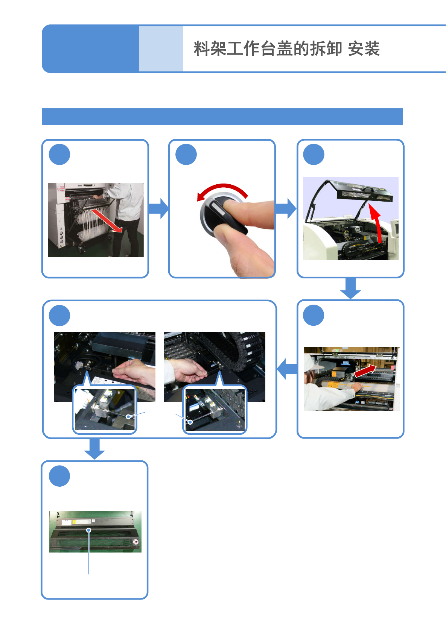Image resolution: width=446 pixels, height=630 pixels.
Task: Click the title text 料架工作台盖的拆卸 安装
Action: (286, 49)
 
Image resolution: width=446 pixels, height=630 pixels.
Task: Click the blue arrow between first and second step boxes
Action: (158, 208)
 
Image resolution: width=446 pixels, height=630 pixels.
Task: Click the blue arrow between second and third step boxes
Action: (286, 208)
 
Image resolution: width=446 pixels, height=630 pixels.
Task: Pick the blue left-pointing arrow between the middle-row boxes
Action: (287, 369)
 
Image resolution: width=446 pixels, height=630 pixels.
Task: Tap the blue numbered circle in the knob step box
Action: (186, 155)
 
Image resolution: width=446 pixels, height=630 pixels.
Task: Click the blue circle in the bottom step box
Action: (59, 476)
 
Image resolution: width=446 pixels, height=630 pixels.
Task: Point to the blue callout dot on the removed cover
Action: (89, 530)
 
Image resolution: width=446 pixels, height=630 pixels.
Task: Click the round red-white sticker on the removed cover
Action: (136, 542)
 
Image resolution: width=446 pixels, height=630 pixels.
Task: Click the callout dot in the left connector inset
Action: (128, 417)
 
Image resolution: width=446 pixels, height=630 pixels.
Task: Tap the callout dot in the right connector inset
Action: (190, 422)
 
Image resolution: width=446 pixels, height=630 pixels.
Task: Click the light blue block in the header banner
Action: (161, 49)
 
